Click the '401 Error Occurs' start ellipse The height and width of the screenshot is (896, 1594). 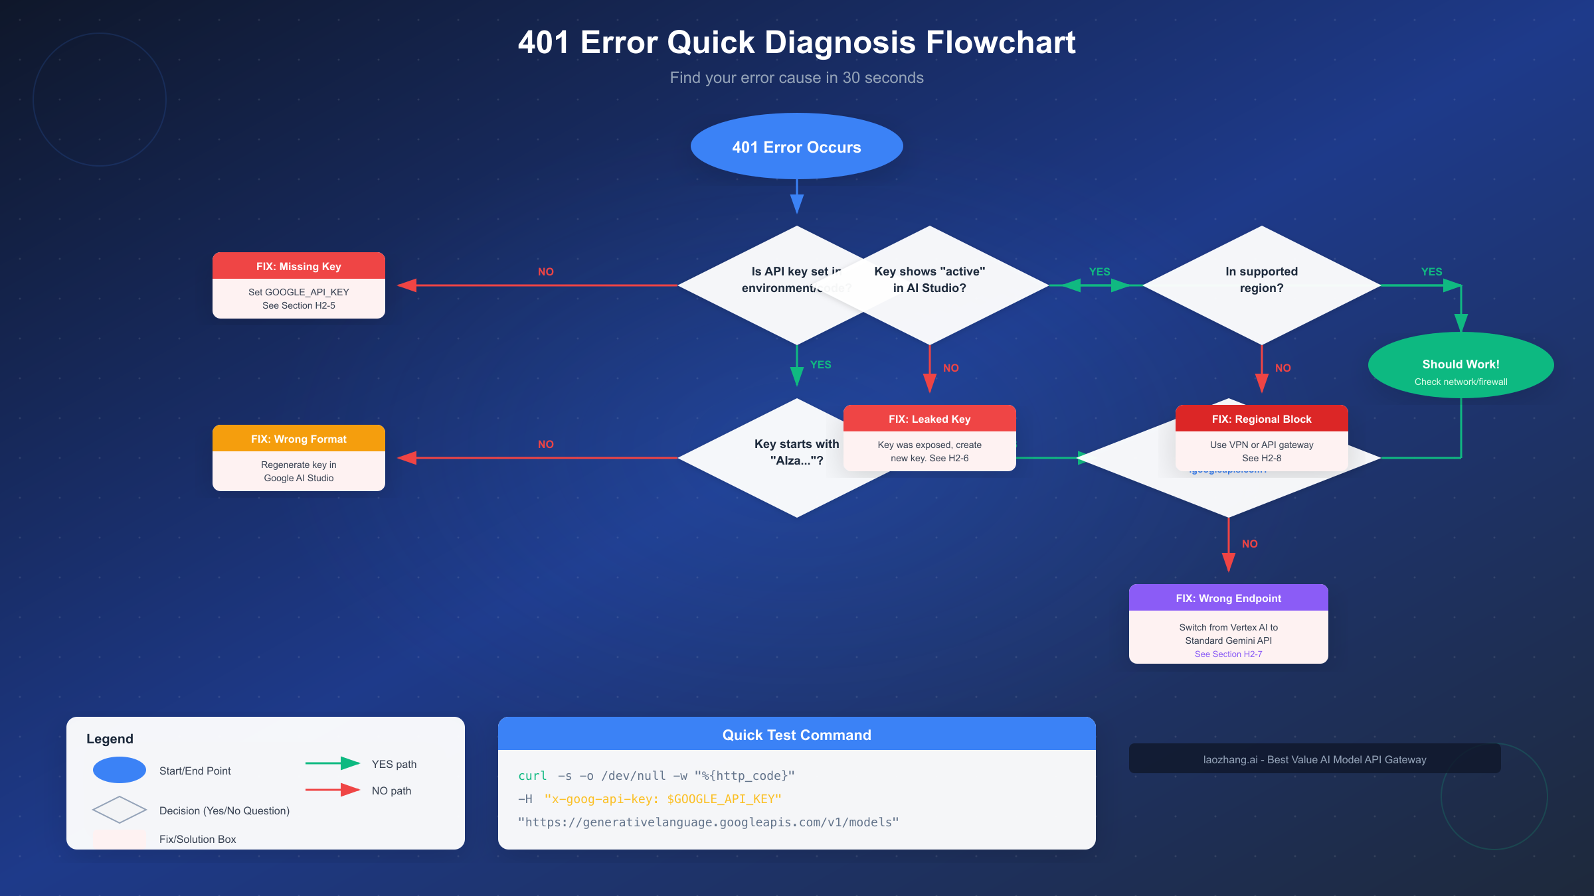[796, 147]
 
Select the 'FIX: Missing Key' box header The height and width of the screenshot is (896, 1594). [298, 266]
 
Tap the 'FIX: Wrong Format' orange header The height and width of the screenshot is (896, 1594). [298, 439]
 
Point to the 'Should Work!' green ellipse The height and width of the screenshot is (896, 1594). [1461, 366]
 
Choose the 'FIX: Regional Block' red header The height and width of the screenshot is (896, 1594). [1261, 419]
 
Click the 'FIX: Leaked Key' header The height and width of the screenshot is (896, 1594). [929, 419]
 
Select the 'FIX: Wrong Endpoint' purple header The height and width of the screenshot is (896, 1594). [1228, 598]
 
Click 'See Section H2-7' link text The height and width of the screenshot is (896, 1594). [1228, 654]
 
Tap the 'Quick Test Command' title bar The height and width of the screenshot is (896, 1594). [796, 735]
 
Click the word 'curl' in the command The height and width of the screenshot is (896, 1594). [532, 776]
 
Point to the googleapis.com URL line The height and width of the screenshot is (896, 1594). [708, 822]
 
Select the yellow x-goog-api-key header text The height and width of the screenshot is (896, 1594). [662, 799]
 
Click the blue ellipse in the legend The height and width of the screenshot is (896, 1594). [120, 770]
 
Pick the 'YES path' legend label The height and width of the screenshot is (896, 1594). [394, 764]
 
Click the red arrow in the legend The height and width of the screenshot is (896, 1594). [332, 790]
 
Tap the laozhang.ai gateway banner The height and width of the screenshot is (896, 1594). [1314, 759]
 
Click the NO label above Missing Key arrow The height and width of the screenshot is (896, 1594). [545, 272]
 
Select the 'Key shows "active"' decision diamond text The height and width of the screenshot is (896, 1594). [929, 279]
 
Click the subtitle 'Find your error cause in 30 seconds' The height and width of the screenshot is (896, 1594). [796, 78]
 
